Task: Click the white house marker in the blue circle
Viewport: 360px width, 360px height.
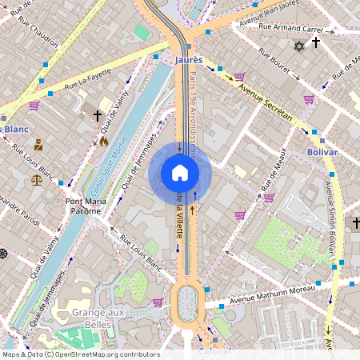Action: click(x=180, y=173)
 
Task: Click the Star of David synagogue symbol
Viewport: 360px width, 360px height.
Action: click(x=299, y=48)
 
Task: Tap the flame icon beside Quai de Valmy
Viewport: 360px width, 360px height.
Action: click(x=103, y=141)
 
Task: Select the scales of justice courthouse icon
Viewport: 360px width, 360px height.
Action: click(x=37, y=180)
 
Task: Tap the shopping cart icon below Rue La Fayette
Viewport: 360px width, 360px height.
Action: click(x=34, y=105)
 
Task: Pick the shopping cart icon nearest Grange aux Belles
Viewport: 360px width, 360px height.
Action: click(x=158, y=302)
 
